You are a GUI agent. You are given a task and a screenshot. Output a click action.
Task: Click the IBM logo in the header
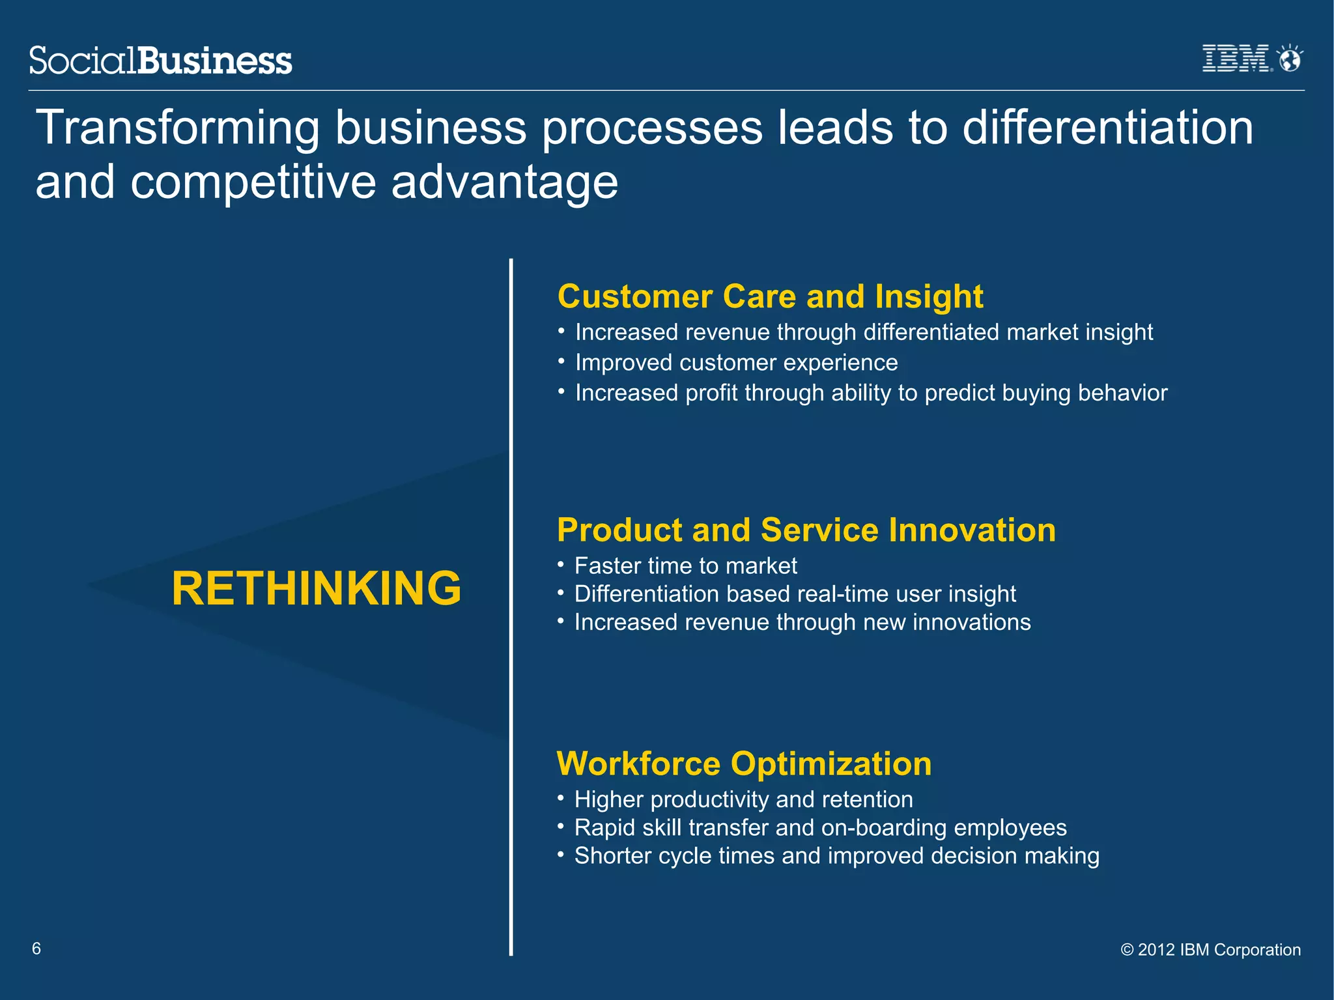coord(1235,58)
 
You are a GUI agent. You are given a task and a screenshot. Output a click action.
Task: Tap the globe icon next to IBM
coord(1290,59)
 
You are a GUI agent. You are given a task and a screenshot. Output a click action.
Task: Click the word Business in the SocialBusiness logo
coord(215,61)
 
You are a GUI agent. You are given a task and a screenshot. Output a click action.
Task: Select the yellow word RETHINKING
coord(317,588)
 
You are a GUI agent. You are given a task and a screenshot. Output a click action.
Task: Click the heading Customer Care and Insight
coord(770,296)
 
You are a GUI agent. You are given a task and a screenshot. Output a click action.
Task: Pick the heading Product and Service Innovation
coord(806,530)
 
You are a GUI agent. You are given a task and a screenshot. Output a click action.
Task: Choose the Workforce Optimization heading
coord(744,764)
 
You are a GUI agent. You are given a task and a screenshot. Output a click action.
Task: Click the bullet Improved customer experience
coord(736,362)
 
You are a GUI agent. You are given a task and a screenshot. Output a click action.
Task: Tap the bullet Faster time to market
coord(685,565)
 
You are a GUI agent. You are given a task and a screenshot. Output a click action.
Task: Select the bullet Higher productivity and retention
coord(743,799)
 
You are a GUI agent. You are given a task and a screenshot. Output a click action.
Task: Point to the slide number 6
coord(36,949)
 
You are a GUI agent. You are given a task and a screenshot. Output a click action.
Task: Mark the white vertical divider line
coord(511,606)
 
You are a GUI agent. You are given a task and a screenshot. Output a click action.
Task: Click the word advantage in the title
coord(504,182)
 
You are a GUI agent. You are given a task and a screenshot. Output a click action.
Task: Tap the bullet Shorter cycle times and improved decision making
coord(836,855)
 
